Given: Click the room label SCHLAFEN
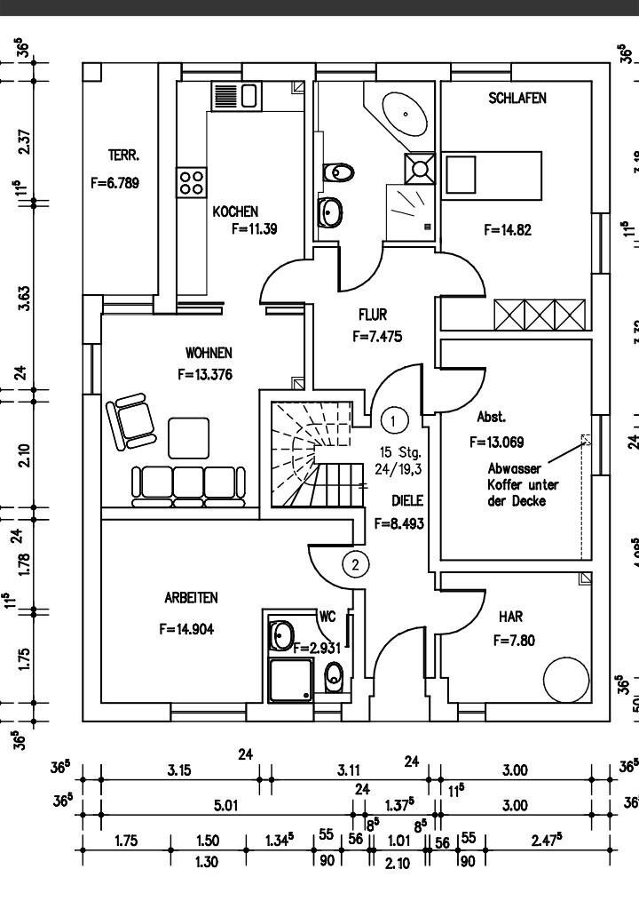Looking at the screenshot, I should (x=517, y=99).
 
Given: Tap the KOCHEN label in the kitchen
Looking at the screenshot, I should (x=235, y=211).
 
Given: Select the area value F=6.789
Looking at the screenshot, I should (x=115, y=185).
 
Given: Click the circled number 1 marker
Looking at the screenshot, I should (x=394, y=417).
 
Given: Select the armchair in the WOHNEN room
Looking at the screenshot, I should (x=130, y=421).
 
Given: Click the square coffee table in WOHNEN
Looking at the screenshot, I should (x=190, y=436).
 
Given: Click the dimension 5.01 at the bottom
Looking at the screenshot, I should (x=224, y=807).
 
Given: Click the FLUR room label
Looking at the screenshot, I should (x=373, y=315).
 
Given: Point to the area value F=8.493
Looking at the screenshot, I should (x=399, y=523).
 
